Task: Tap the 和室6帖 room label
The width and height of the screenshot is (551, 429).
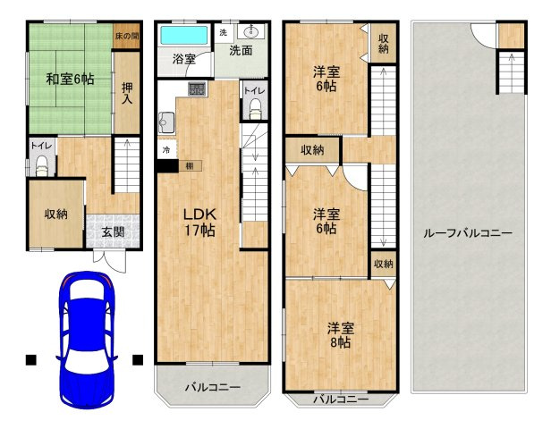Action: click(x=70, y=79)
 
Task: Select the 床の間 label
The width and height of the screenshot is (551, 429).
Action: click(x=127, y=37)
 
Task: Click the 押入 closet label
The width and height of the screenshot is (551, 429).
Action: click(x=128, y=92)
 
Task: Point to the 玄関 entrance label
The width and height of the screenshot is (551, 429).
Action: click(x=112, y=232)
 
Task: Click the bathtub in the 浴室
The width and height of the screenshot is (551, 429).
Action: click(x=184, y=37)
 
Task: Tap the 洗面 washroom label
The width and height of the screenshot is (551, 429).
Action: click(x=239, y=51)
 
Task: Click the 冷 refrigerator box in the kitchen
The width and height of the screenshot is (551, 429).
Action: click(x=165, y=149)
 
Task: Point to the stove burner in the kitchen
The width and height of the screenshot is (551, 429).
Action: click(x=197, y=88)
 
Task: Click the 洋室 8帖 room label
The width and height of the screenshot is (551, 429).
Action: click(x=338, y=334)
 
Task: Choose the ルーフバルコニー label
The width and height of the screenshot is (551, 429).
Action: click(x=467, y=233)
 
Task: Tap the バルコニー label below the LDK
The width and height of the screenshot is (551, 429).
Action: click(x=212, y=387)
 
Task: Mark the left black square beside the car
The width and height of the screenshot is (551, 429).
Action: click(x=30, y=360)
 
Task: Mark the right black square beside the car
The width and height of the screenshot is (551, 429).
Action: click(x=138, y=360)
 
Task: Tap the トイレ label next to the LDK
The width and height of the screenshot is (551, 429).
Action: click(x=253, y=90)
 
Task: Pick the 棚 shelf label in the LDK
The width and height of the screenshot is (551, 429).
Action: click(x=190, y=165)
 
